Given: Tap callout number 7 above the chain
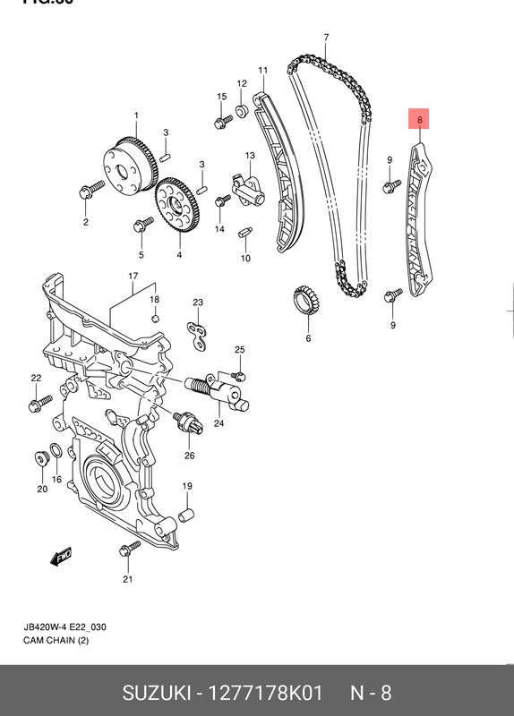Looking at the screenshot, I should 326,37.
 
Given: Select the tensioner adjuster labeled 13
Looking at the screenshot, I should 245,188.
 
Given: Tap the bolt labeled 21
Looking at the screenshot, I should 130,548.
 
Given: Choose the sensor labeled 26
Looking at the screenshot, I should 189,422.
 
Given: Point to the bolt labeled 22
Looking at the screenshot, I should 36,403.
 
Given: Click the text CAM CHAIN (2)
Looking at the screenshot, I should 56,640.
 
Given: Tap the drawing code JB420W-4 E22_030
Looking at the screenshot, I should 65,626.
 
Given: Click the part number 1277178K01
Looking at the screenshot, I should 266,692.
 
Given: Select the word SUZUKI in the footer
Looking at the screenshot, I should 158,692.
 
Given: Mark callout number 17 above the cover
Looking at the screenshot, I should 133,276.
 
